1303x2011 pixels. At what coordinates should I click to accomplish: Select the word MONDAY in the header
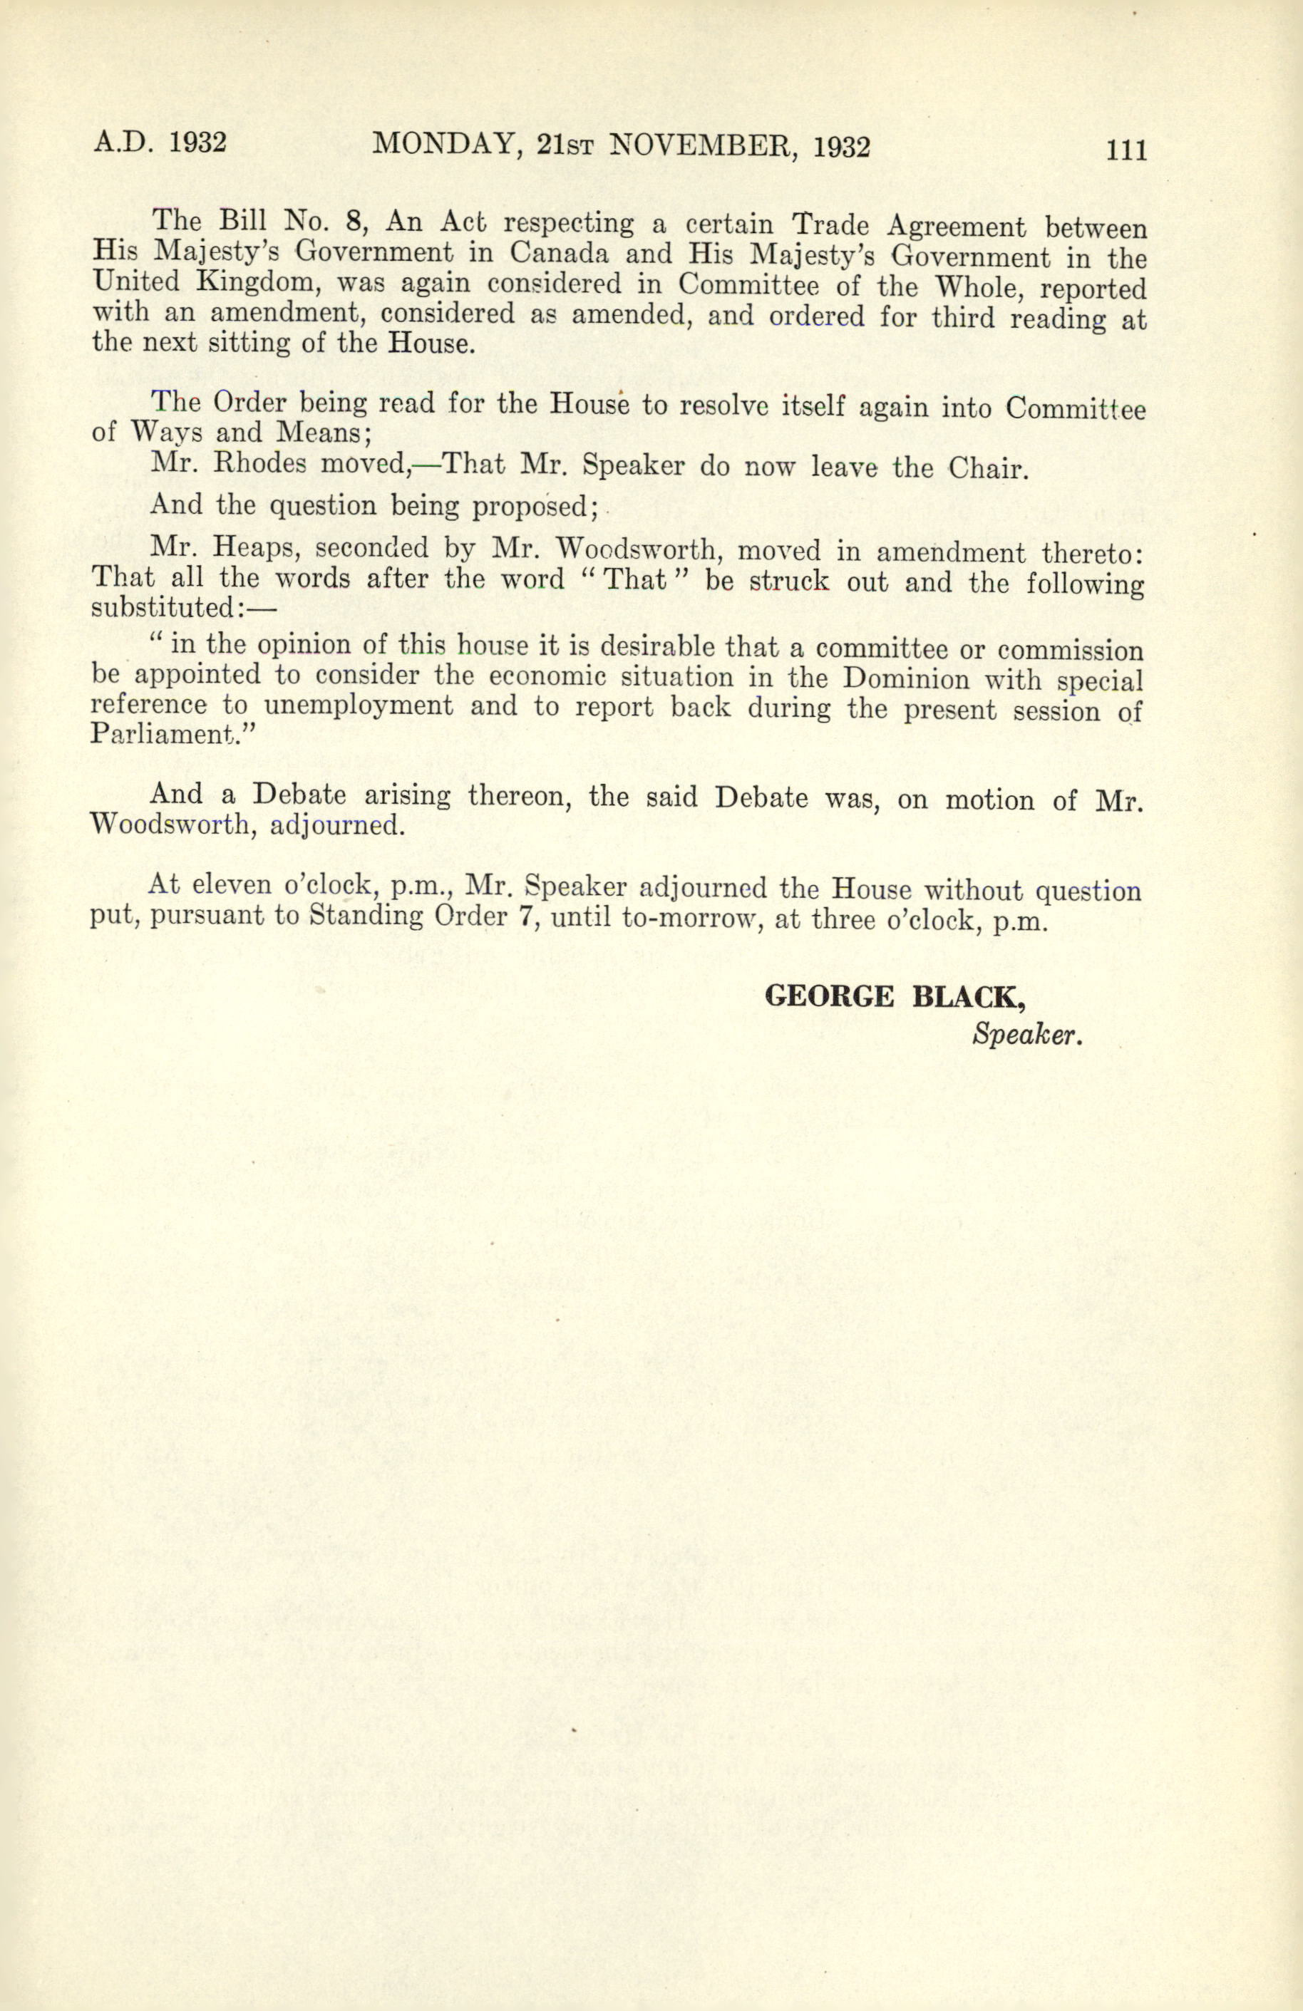441,145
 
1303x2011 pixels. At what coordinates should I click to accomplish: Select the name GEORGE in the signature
828,997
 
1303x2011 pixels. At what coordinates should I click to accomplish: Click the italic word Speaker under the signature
1026,1033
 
